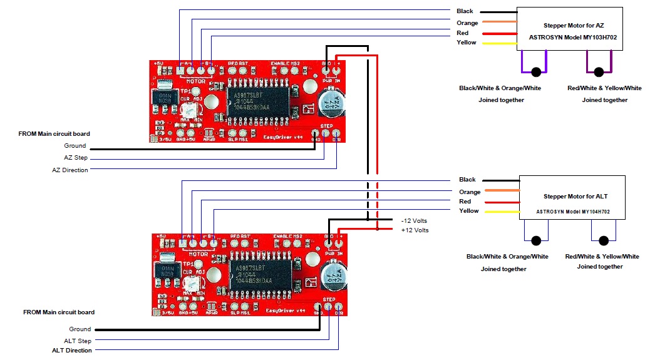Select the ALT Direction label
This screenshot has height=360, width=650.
71,351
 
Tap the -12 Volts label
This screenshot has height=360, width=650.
415,221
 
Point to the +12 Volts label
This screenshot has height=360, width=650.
415,230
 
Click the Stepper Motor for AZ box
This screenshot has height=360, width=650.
569,29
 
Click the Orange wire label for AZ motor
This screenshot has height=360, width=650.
467,23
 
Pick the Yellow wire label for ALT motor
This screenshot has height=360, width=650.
468,211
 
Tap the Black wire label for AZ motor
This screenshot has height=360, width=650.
465,11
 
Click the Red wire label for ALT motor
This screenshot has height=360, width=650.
465,202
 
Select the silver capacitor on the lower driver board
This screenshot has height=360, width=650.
334,277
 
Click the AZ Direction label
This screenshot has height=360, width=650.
70,170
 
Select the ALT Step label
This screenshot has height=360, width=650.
78,341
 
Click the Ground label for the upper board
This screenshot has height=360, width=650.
75,146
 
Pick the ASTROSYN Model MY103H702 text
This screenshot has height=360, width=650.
569,38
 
